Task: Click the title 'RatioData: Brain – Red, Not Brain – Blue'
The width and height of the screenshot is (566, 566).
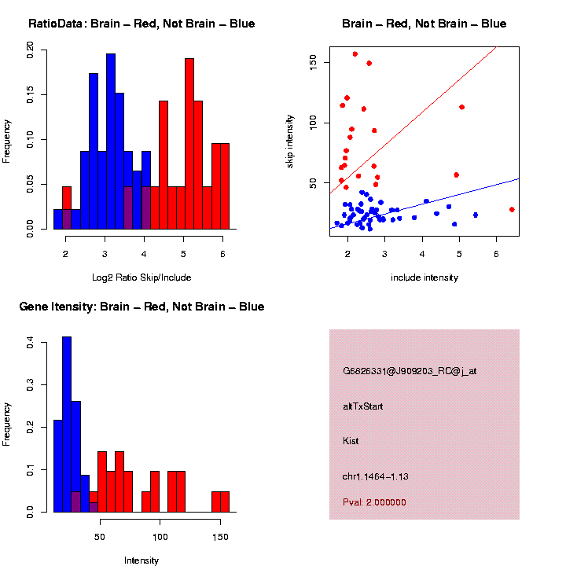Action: pyautogui.click(x=141, y=24)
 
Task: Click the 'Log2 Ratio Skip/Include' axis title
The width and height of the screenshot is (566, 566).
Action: pyautogui.click(x=141, y=277)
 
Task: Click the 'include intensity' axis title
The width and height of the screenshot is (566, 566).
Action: pyautogui.click(x=424, y=277)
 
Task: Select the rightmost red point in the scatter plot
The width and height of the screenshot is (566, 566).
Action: pyautogui.click(x=512, y=209)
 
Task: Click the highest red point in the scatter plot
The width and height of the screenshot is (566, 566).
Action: pyautogui.click(x=355, y=54)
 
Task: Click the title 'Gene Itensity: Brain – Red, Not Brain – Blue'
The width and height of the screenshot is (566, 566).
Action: pyautogui.click(x=141, y=307)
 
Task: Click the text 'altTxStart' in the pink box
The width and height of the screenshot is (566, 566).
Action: pyautogui.click(x=362, y=406)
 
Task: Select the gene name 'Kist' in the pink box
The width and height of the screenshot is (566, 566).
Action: pyautogui.click(x=351, y=441)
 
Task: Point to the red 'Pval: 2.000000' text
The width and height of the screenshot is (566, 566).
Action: pyautogui.click(x=374, y=502)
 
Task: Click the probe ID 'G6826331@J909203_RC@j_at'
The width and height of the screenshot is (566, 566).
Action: pyautogui.click(x=410, y=371)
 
